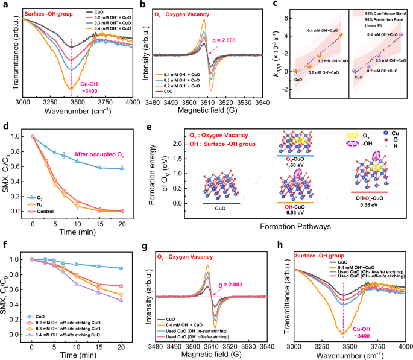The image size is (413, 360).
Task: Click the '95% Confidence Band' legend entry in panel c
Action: tap(386, 11)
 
